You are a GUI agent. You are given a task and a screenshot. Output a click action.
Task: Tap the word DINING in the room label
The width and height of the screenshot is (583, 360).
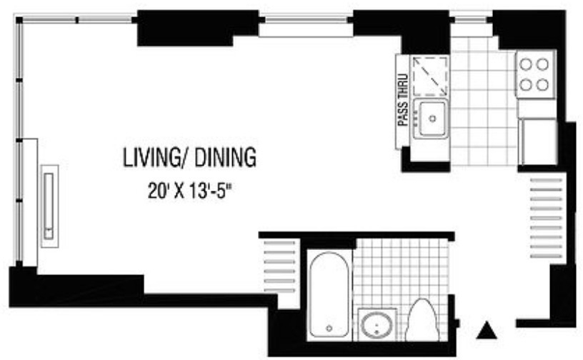[x=225, y=157]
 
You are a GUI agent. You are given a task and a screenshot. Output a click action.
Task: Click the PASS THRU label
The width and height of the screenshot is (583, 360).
[x=403, y=100]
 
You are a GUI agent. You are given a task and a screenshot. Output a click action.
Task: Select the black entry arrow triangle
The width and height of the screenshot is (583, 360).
[x=487, y=330]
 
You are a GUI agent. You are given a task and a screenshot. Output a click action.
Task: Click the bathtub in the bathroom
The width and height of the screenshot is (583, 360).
[x=329, y=294]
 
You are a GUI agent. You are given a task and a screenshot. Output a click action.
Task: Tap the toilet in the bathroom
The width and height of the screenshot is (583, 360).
[x=422, y=320]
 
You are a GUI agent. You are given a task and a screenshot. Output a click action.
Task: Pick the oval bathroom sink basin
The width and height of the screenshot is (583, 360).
[x=377, y=325]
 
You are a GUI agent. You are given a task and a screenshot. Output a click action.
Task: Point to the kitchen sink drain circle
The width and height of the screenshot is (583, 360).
[x=432, y=119]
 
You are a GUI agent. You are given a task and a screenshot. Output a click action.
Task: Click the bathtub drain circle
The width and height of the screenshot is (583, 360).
[x=329, y=329]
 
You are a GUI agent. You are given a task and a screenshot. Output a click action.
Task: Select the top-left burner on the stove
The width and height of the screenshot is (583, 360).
[x=525, y=64]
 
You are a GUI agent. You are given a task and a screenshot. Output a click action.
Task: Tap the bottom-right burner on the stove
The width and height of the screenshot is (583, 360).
[x=542, y=85]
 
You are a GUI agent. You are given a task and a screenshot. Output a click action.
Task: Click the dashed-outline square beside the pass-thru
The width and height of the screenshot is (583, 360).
[x=430, y=76]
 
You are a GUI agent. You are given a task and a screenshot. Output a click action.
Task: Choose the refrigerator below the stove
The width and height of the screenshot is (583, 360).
[x=539, y=141]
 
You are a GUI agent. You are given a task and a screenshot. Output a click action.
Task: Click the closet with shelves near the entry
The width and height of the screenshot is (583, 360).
[x=546, y=218]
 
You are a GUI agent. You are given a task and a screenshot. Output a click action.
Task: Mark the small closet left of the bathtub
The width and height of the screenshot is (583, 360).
[x=279, y=266]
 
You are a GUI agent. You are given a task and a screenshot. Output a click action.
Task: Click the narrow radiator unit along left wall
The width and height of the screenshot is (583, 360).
[x=49, y=206]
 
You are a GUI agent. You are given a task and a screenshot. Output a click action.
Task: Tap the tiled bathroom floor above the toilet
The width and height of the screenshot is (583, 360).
[x=402, y=271]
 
